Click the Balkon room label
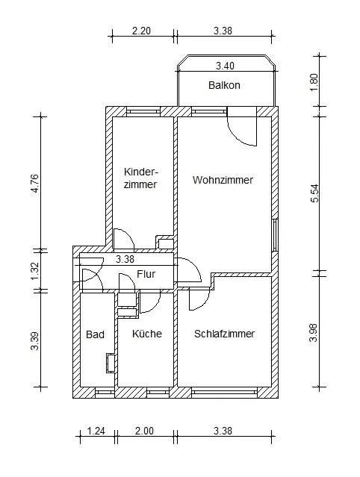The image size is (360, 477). (x=224, y=85)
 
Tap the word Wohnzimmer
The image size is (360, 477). (x=223, y=180)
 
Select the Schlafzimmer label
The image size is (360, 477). (x=224, y=334)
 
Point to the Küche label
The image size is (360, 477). (x=147, y=334)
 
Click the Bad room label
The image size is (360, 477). (x=96, y=334)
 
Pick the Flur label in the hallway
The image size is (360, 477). (x=146, y=274)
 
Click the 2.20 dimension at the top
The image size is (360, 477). (x=141, y=31)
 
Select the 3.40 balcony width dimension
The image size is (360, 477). (x=226, y=66)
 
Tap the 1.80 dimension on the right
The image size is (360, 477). (x=314, y=82)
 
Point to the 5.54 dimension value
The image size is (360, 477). (x=314, y=193)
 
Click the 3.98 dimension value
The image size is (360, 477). (x=314, y=333)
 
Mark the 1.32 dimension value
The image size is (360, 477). (x=34, y=271)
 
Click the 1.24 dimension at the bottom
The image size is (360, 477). (x=96, y=431)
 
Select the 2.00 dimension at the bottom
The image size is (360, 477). (x=144, y=431)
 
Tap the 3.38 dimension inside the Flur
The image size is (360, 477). (x=125, y=259)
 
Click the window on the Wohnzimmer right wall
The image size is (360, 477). (x=275, y=235)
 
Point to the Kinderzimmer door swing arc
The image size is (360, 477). (x=128, y=235)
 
